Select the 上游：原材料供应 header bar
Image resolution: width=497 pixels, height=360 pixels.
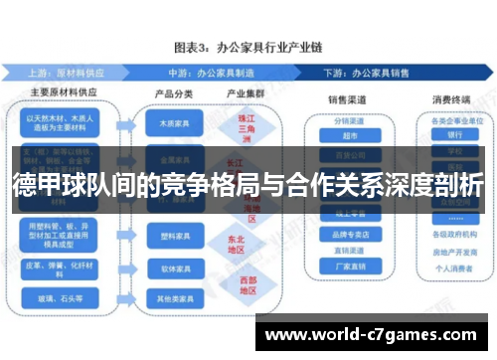[x=66, y=73]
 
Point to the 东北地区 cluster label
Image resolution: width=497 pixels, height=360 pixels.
[x=237, y=243]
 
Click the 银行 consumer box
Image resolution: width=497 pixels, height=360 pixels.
[x=454, y=135]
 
